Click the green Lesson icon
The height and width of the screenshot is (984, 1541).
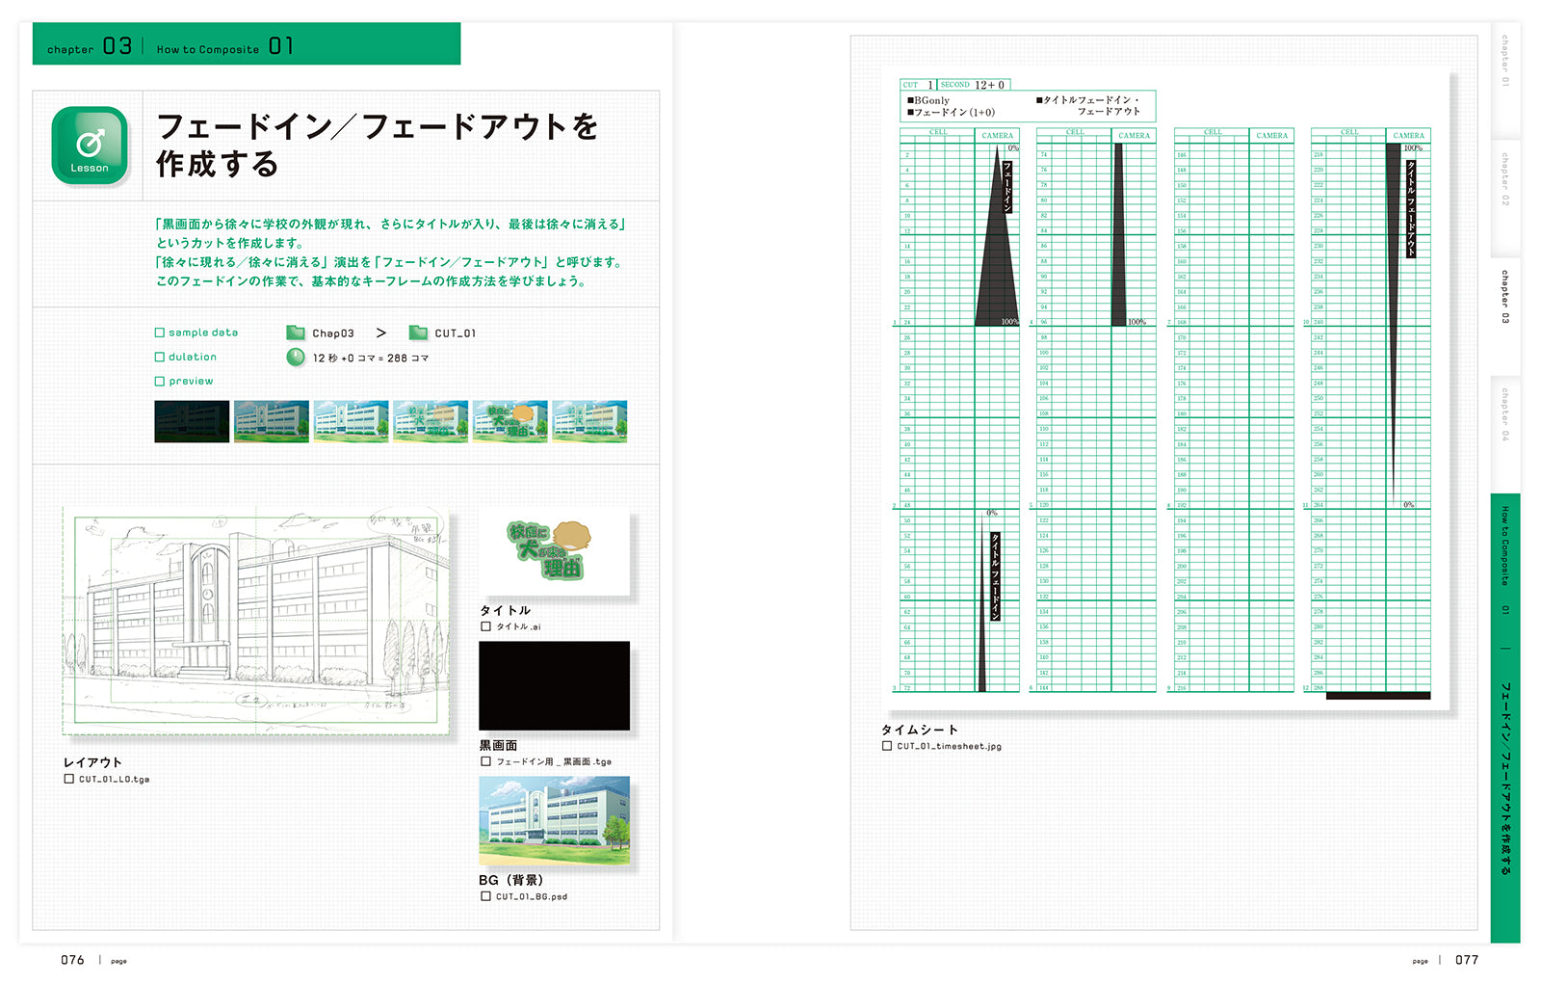click(x=90, y=146)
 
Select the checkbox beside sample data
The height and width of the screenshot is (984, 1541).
click(x=160, y=332)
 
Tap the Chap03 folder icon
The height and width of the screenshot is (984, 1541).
click(x=296, y=332)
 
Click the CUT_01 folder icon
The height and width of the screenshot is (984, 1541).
click(x=418, y=332)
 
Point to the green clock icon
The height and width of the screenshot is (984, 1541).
click(x=296, y=358)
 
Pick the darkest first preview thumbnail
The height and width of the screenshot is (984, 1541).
click(x=192, y=422)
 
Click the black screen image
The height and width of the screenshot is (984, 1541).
click(x=554, y=685)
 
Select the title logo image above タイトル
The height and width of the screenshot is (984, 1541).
click(x=554, y=551)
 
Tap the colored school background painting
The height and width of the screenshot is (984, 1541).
click(x=554, y=820)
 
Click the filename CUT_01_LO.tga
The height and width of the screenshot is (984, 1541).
click(x=114, y=779)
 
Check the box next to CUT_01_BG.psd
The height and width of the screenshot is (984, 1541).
click(x=485, y=896)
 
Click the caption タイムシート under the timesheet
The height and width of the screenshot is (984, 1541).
click(x=919, y=730)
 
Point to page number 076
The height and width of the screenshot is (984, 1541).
click(x=72, y=960)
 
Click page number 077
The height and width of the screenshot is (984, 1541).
click(x=1466, y=960)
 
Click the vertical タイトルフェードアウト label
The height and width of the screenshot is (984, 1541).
click(x=1411, y=208)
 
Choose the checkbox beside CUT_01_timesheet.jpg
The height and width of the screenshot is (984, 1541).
click(x=887, y=746)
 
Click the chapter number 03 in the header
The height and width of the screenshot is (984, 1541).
click(x=118, y=46)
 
